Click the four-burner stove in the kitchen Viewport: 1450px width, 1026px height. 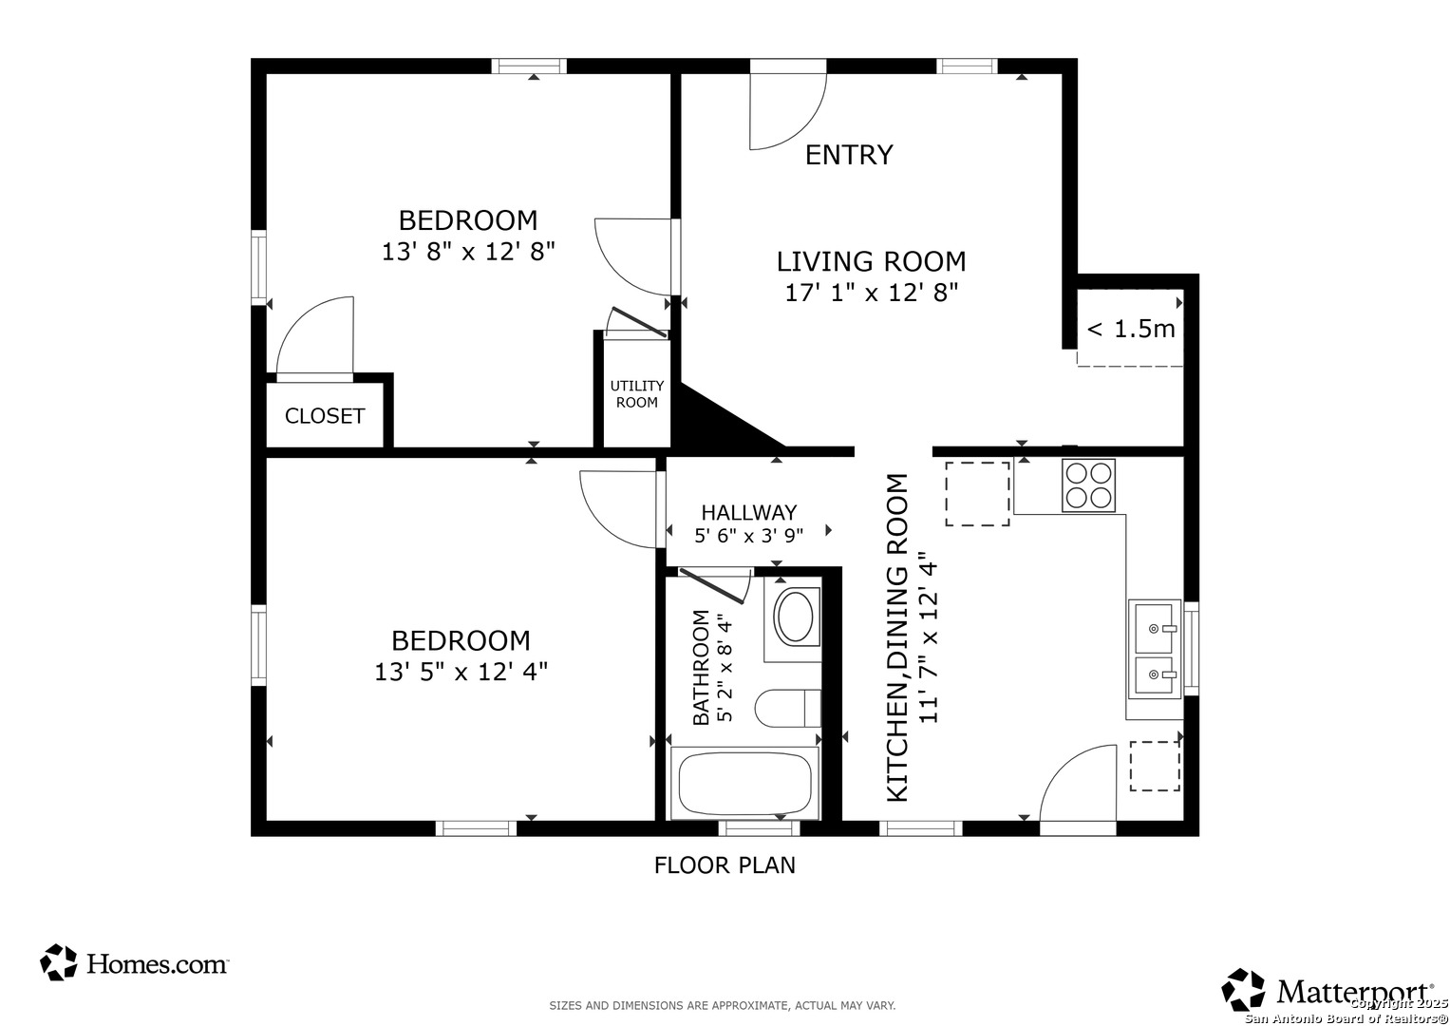1088,485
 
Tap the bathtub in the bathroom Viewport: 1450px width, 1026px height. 744,783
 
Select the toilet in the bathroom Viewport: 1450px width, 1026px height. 788,709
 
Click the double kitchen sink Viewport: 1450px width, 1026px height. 1155,649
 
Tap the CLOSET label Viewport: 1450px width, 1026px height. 325,416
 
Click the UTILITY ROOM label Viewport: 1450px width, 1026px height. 637,394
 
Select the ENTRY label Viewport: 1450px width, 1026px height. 849,155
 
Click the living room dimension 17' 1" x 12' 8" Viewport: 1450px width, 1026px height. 872,293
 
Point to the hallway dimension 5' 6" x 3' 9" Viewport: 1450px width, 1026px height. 749,536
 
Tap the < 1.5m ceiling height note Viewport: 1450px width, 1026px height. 1131,329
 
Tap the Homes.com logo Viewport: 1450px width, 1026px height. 133,963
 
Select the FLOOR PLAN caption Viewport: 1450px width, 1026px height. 725,865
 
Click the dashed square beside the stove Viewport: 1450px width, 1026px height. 977,494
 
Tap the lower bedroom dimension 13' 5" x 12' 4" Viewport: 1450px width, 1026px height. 461,672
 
